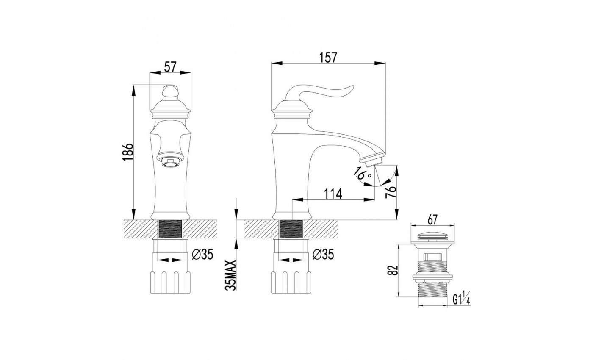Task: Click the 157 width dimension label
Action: pos(329,58)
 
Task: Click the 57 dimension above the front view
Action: pos(170,66)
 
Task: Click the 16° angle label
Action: pos(363,172)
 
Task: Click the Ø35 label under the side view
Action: pos(323,254)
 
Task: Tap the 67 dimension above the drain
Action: pos(432,220)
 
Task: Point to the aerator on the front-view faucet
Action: pos(169,161)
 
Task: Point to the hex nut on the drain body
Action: pos(432,278)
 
